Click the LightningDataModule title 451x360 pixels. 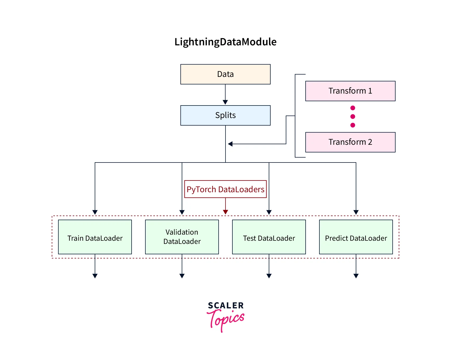tap(225, 42)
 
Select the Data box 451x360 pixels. tap(225, 74)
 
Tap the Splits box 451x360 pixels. tap(225, 115)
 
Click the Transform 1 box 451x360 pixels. tap(350, 91)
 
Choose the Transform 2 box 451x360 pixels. tap(350, 142)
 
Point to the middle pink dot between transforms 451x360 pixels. tap(353, 116)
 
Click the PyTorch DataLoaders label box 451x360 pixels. tap(225, 189)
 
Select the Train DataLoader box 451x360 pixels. tap(95, 237)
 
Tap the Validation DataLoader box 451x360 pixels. tap(182, 237)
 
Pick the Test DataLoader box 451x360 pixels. tap(269, 237)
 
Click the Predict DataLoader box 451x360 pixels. tap(356, 237)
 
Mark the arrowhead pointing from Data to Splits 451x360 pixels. tap(225, 102)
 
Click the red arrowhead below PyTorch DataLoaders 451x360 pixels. tap(226, 212)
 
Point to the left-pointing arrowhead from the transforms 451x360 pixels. tap(230, 144)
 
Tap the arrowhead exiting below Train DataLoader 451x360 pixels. tap(95, 276)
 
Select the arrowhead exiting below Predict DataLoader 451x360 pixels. tap(356, 276)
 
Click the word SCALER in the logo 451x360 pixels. tap(226, 306)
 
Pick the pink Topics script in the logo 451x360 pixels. tap(226, 319)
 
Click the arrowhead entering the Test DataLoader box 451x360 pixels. tap(269, 212)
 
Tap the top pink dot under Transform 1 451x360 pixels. tap(353, 108)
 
